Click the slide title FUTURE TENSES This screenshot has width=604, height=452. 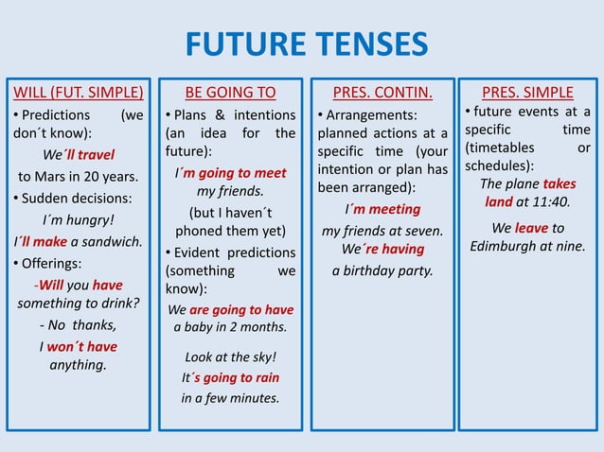click(x=306, y=44)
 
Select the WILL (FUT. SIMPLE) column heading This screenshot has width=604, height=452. click(x=79, y=92)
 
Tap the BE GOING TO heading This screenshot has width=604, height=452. click(x=230, y=92)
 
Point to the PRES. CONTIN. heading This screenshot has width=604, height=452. click(x=382, y=92)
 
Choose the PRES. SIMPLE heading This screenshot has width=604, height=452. click(x=527, y=92)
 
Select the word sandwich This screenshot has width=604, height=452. click(x=113, y=241)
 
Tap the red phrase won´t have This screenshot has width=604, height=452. click(x=83, y=346)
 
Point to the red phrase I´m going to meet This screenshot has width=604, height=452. click(x=230, y=173)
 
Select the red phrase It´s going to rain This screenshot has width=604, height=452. click(x=230, y=376)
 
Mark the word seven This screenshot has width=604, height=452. click(x=423, y=230)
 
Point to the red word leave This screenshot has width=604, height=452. click(x=531, y=227)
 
